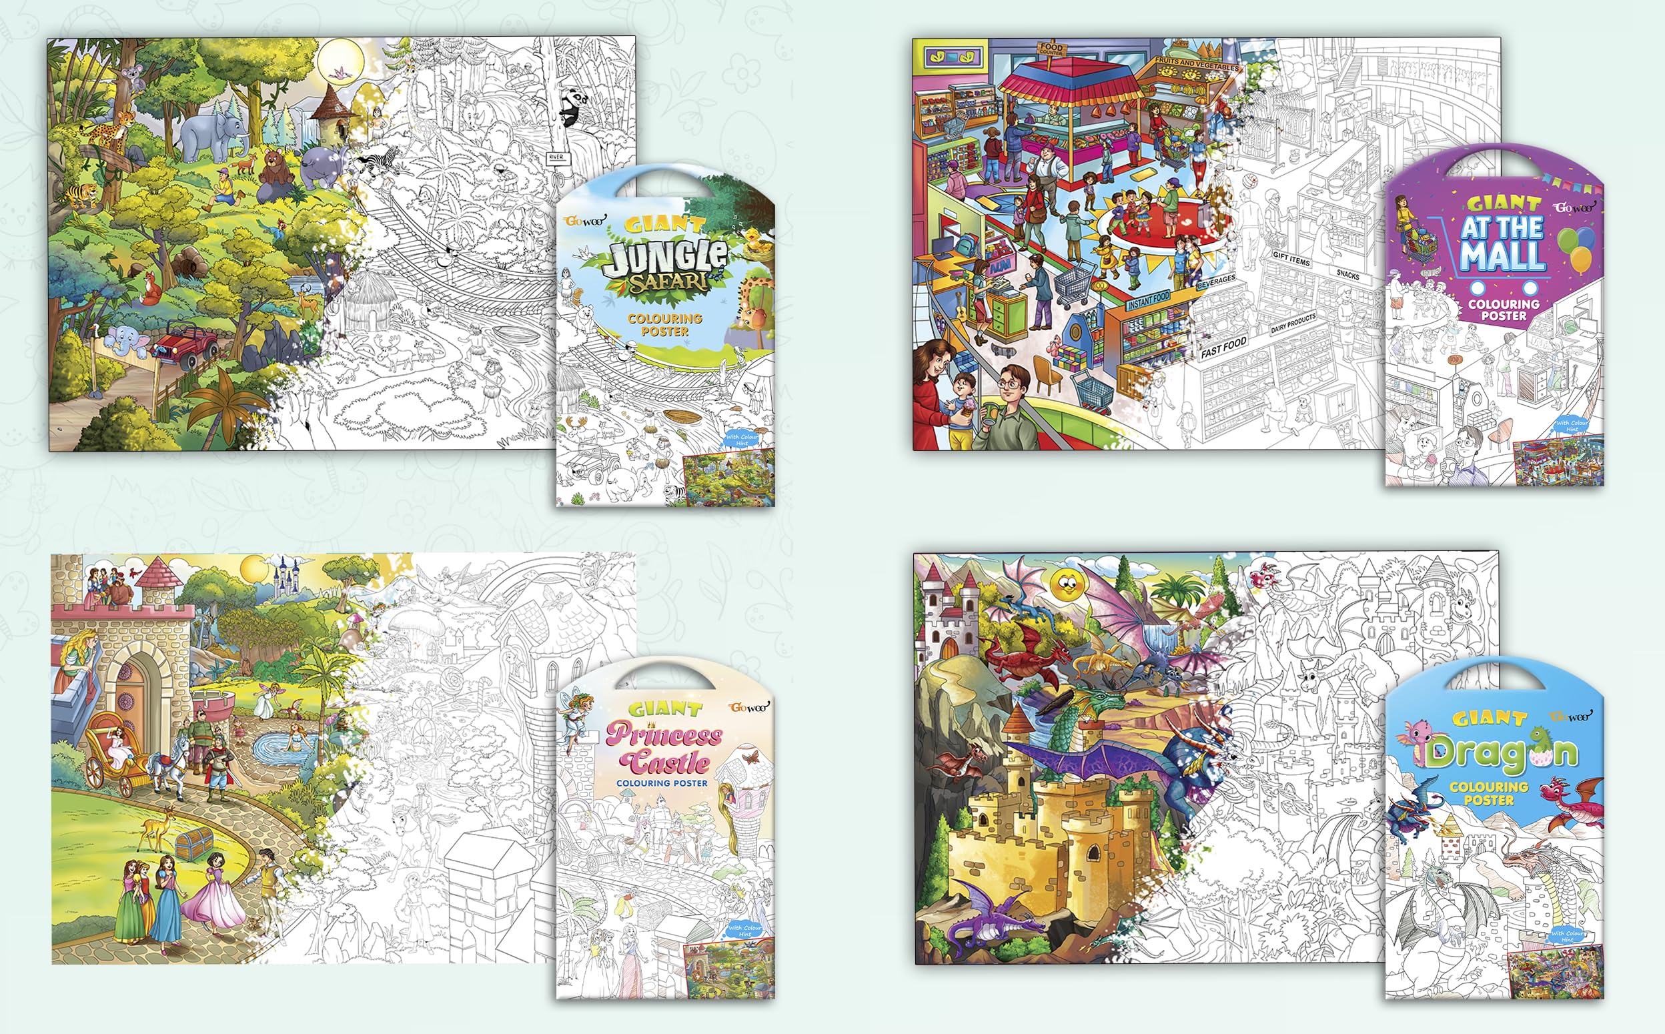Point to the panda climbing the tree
pyautogui.click(x=573, y=109)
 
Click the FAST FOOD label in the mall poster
pyautogui.click(x=1223, y=348)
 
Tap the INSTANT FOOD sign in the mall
pyautogui.click(x=1148, y=300)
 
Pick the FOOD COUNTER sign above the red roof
pyautogui.click(x=1051, y=49)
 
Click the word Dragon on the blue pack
pyautogui.click(x=1496, y=753)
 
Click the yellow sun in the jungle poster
pyautogui.click(x=338, y=62)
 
